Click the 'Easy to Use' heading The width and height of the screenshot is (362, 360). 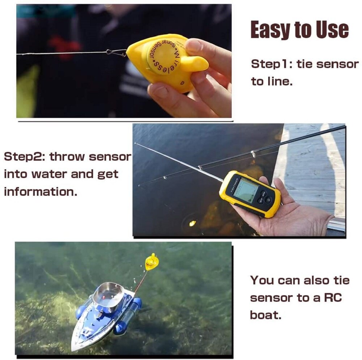point(300,30)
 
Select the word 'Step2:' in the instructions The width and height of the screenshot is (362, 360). point(24,157)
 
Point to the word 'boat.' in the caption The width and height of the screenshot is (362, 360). point(265,314)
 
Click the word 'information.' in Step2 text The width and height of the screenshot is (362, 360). point(41,191)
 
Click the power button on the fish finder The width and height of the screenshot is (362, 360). point(269,199)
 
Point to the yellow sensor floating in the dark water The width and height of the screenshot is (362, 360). point(192,223)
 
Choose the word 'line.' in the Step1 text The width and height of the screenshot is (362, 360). point(271,81)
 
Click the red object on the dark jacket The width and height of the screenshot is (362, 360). point(65,46)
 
